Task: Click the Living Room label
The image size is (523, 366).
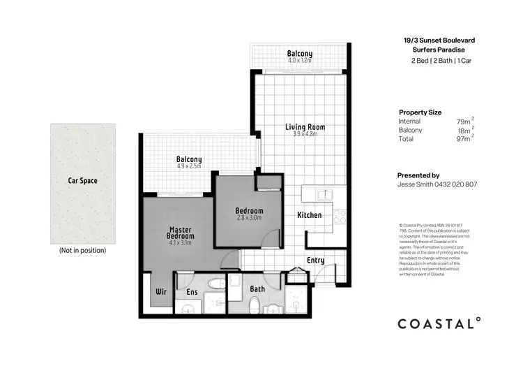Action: coord(305,126)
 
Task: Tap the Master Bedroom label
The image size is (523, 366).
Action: coord(181,233)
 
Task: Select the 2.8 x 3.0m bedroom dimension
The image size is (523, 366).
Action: coord(248,219)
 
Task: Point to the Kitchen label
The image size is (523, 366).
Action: coord(310,215)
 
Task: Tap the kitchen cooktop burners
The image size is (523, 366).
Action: coord(340,217)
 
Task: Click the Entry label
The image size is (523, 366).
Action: coord(316,261)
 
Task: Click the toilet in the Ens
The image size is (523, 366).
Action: coord(217,284)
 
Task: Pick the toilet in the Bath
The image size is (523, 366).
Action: coord(255,305)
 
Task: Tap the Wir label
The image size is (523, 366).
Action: coord(160,291)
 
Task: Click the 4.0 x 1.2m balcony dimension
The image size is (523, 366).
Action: coord(300,61)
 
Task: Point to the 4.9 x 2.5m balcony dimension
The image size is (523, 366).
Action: coord(188,166)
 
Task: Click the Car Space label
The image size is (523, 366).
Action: coord(82,180)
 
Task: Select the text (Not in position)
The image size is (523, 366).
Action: coord(82,250)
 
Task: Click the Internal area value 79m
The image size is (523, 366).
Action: coord(463,122)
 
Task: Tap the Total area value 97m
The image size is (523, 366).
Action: coord(463,139)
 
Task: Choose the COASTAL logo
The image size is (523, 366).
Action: coord(439,323)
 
